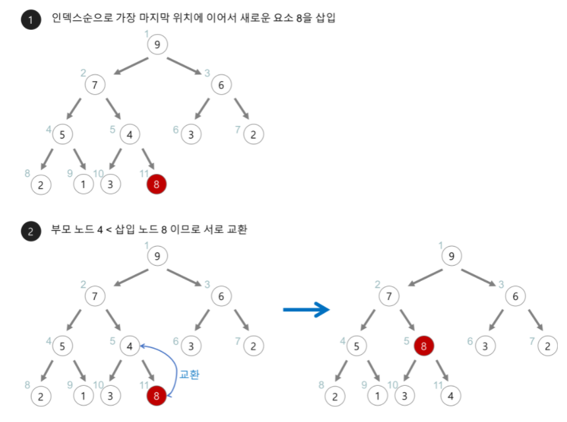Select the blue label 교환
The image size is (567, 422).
coord(189,375)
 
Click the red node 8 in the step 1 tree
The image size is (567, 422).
coord(156,185)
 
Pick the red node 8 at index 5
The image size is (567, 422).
coord(424,345)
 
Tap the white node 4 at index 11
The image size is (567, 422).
coord(450,396)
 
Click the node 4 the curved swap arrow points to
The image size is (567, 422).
coord(130,346)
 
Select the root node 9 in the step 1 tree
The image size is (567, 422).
coord(157,45)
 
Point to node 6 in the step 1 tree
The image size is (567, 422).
coord(221,85)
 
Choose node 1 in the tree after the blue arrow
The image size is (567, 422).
coord(377,396)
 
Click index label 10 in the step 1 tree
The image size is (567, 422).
coord(98,173)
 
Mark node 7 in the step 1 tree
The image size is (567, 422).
coord(95,85)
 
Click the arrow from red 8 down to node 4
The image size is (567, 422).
coord(438,370)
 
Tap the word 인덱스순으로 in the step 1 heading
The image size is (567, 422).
coord(81,18)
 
